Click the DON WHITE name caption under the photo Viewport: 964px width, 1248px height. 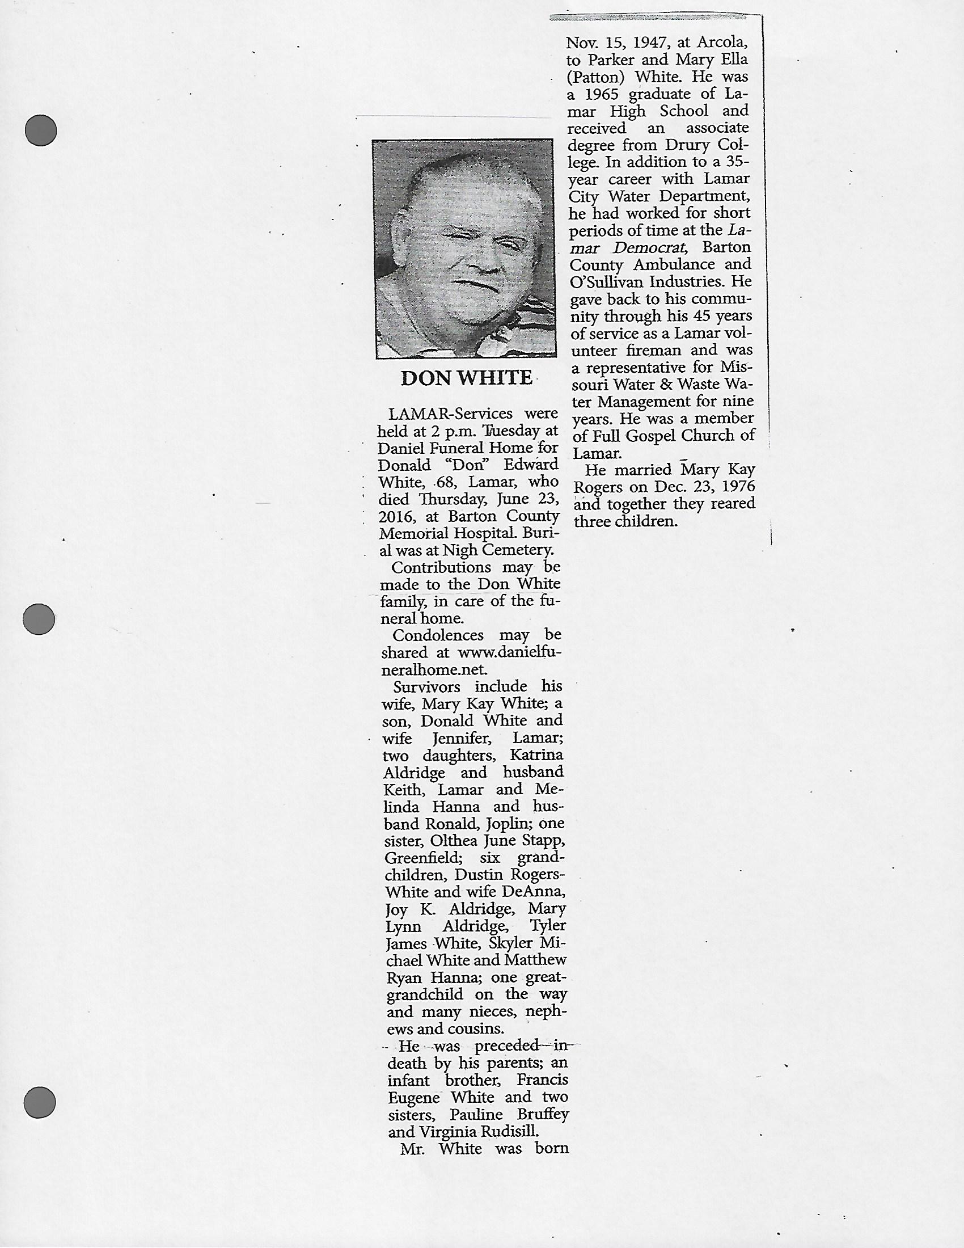pyautogui.click(x=466, y=378)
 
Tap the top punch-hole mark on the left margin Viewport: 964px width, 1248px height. pyautogui.click(x=41, y=130)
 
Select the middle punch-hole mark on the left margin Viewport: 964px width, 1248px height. pyautogui.click(x=39, y=619)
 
